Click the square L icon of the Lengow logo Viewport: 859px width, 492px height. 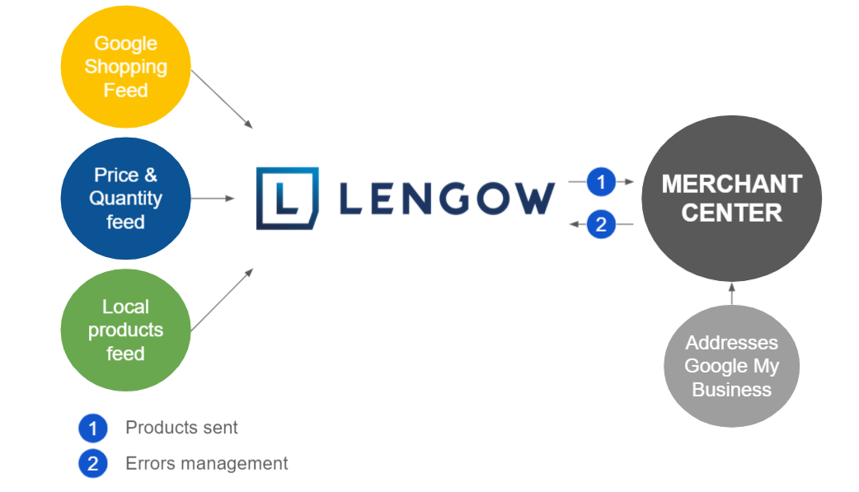click(287, 199)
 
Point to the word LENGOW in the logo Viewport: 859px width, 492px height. click(446, 199)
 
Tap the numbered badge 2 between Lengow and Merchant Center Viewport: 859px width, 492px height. click(601, 224)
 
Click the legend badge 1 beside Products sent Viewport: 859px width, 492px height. click(93, 429)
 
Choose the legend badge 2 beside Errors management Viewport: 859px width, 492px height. click(93, 464)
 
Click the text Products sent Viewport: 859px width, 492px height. click(181, 428)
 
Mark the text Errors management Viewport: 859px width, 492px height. click(206, 463)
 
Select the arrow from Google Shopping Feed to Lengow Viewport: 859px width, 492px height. click(222, 99)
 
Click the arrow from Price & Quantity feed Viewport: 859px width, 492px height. click(213, 199)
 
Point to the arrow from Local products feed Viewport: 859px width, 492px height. click(222, 299)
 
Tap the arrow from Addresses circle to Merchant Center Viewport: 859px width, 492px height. click(731, 294)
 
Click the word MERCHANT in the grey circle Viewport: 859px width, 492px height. click(731, 184)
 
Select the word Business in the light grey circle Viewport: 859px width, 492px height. click(731, 390)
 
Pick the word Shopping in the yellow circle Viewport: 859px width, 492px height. click(125, 67)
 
